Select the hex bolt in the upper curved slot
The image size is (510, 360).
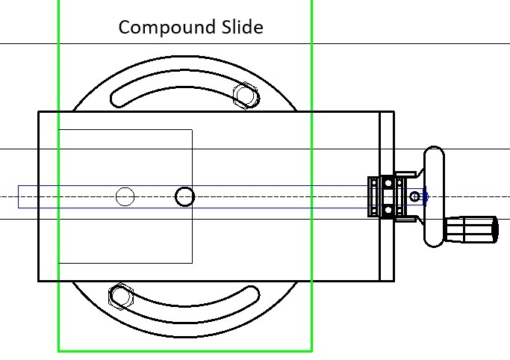click(x=245, y=96)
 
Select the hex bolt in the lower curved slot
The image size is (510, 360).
click(x=120, y=296)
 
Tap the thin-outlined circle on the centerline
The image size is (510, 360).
click(x=125, y=196)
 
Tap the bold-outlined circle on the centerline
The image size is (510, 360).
click(x=184, y=196)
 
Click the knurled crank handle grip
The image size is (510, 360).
click(x=472, y=229)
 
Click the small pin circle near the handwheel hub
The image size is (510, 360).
click(x=416, y=196)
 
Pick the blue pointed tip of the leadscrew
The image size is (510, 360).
click(x=426, y=197)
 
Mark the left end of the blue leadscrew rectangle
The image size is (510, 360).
click(x=19, y=196)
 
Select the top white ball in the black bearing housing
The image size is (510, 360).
click(x=388, y=183)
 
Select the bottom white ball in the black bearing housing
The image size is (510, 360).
click(x=388, y=210)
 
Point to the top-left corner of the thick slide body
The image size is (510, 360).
click(x=39, y=112)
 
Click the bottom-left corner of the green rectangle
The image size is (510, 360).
click(x=59, y=350)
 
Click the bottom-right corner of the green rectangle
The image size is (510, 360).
click(x=311, y=350)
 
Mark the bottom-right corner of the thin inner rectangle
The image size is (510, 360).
click(x=193, y=263)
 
